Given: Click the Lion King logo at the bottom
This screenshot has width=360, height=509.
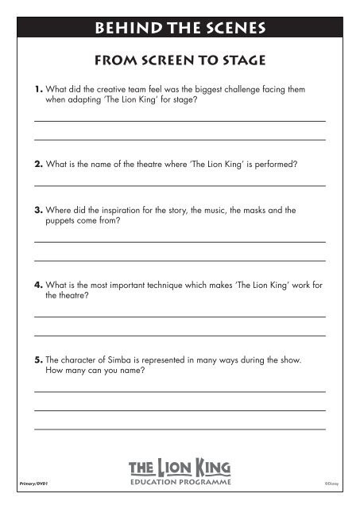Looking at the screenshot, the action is point(179,466).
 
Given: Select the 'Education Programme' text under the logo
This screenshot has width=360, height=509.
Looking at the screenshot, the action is point(179,482).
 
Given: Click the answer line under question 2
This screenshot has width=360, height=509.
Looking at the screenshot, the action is point(179,186).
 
